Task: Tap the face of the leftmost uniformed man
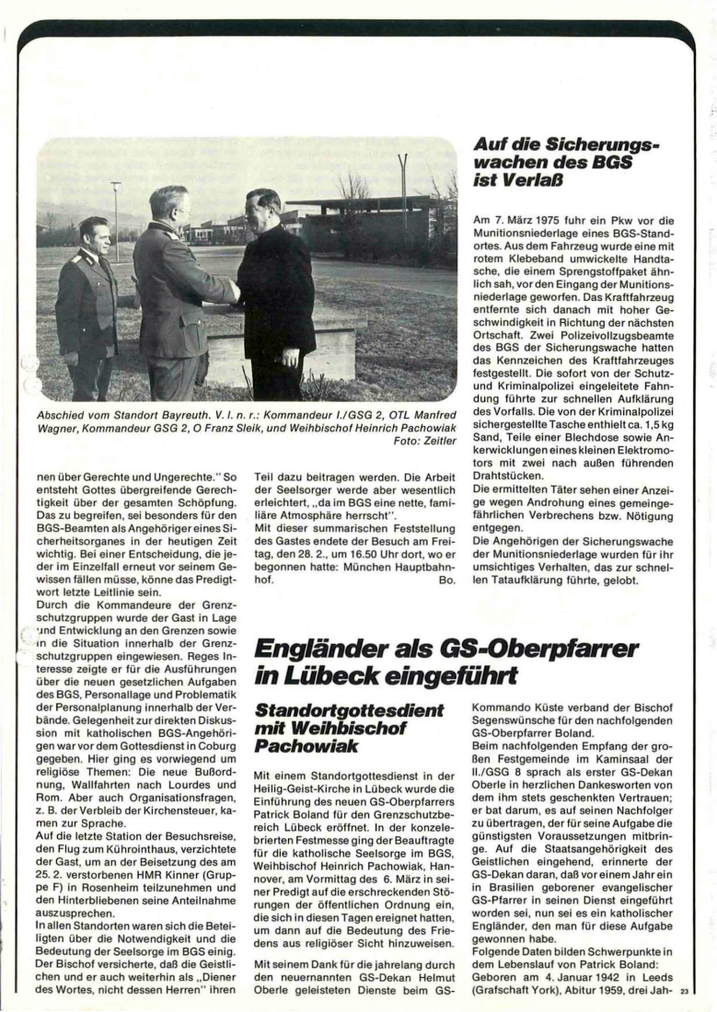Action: point(93,236)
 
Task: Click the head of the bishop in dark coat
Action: point(262,207)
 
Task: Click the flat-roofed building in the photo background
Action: point(368,221)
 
